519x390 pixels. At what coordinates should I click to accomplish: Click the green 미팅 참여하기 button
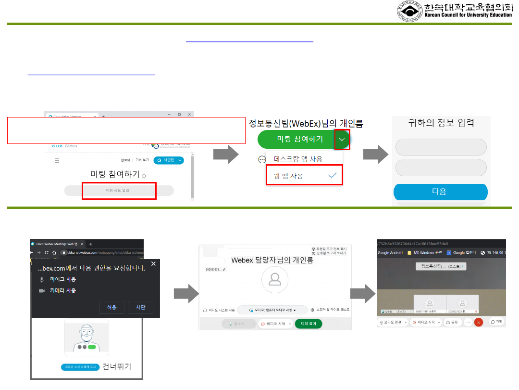[296, 139]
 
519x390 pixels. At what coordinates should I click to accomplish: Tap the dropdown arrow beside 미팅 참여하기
[342, 139]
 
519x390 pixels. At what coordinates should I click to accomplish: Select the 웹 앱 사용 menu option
[304, 176]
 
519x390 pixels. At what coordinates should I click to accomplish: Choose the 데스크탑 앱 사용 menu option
[298, 159]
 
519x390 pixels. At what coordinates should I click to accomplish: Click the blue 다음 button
[440, 192]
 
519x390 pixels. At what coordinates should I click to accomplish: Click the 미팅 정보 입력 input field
[118, 191]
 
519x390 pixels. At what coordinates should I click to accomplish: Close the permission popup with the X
[153, 264]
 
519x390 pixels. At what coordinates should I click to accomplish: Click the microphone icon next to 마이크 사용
[42, 279]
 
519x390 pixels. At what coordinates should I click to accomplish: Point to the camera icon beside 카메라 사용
[42, 291]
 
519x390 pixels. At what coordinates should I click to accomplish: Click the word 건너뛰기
[117, 366]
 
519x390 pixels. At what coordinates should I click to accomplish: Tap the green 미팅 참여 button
[308, 324]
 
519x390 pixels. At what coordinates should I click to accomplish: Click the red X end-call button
[478, 322]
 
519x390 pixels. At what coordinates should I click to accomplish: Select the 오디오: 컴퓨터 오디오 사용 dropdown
[272, 310]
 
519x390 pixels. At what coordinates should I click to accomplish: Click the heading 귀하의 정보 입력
[441, 123]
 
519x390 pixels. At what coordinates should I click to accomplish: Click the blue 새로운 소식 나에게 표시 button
[80, 367]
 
